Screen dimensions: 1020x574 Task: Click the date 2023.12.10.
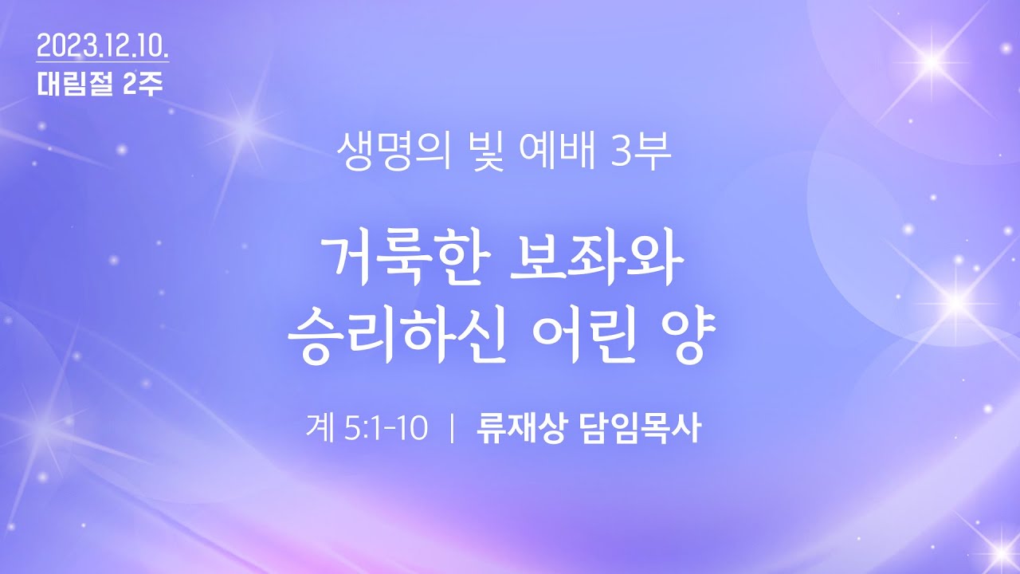point(103,46)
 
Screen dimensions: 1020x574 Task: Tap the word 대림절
point(75,84)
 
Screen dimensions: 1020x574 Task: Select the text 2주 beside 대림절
point(143,84)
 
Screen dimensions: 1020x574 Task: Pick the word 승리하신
point(397,336)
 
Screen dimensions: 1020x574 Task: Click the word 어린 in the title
point(585,336)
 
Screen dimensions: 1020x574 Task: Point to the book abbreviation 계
point(320,428)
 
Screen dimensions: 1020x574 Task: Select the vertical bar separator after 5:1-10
point(452,429)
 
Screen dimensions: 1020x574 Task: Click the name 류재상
point(522,428)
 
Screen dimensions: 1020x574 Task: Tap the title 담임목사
point(640,428)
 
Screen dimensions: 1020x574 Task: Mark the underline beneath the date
point(103,61)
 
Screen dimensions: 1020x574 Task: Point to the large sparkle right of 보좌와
point(956,301)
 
